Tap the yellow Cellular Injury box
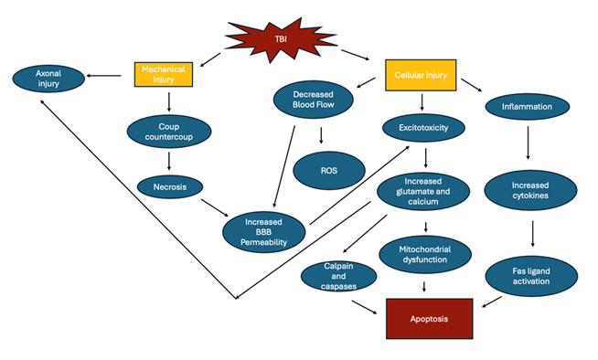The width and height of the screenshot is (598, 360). pyautogui.click(x=421, y=74)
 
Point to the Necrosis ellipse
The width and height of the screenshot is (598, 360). pyautogui.click(x=169, y=187)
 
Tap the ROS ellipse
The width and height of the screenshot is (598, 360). pyautogui.click(x=326, y=170)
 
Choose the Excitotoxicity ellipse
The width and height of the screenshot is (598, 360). pyautogui.click(x=422, y=128)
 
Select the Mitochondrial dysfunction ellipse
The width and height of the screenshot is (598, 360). pyautogui.click(x=423, y=254)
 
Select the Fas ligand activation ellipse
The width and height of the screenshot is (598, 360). pyautogui.click(x=530, y=274)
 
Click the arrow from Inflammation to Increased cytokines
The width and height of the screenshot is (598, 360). pyautogui.click(x=528, y=143)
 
